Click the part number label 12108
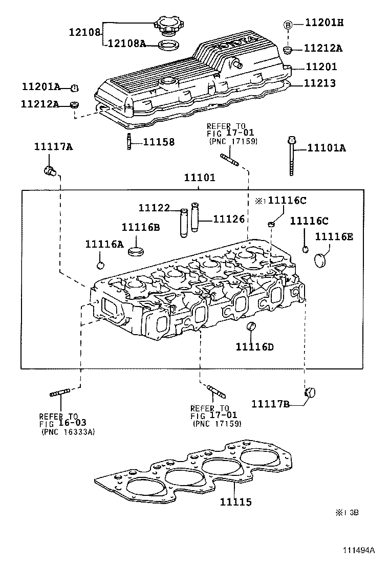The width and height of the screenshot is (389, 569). tap(85, 32)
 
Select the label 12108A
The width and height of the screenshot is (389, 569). tap(126, 44)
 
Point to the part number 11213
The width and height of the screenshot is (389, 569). tap(321, 83)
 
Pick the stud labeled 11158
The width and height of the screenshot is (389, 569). tap(128, 141)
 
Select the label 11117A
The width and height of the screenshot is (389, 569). tap(54, 147)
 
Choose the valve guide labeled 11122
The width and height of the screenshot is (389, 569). tap(184, 223)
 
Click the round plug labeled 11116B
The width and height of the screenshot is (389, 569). tap(135, 252)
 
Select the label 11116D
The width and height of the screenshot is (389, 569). tap(254, 347)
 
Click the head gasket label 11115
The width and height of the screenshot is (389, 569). tap(236, 502)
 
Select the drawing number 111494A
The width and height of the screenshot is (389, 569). tap(359, 551)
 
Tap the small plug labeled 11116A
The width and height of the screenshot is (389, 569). tap(100, 265)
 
